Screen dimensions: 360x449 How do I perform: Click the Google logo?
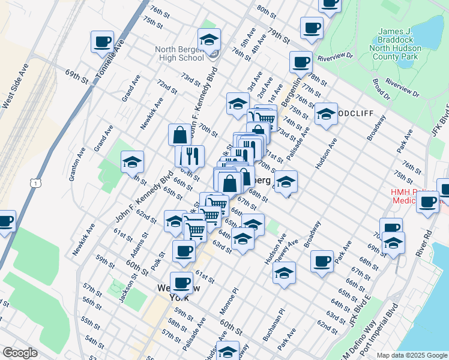coord(20,353)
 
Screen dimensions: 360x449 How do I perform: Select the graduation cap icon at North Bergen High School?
coord(209,40)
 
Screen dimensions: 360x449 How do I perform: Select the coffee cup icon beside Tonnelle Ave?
coord(102,42)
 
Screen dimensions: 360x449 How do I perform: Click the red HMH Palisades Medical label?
coord(414,197)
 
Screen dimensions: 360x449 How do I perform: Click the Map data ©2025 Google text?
coord(411,355)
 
